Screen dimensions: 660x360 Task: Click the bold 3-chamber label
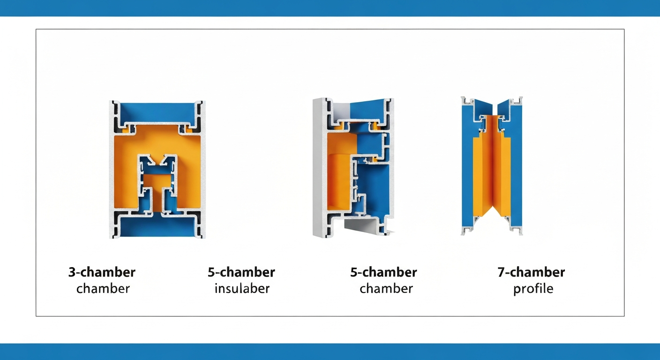pos(102,272)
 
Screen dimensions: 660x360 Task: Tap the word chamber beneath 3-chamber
pos(103,289)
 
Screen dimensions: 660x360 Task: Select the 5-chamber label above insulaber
pos(241,272)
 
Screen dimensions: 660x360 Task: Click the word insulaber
pos(242,289)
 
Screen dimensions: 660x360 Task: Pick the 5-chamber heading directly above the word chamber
pos(383,272)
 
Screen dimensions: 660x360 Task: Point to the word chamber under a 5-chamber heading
pos(386,289)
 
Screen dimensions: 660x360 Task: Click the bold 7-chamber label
pos(531,272)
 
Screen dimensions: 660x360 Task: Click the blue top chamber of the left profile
pos(157,112)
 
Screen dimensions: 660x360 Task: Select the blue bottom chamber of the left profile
pos(157,226)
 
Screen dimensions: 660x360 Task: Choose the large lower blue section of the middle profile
pos(374,188)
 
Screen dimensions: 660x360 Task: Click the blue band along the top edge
pos(330,8)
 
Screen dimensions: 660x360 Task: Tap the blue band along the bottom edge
pos(330,352)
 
